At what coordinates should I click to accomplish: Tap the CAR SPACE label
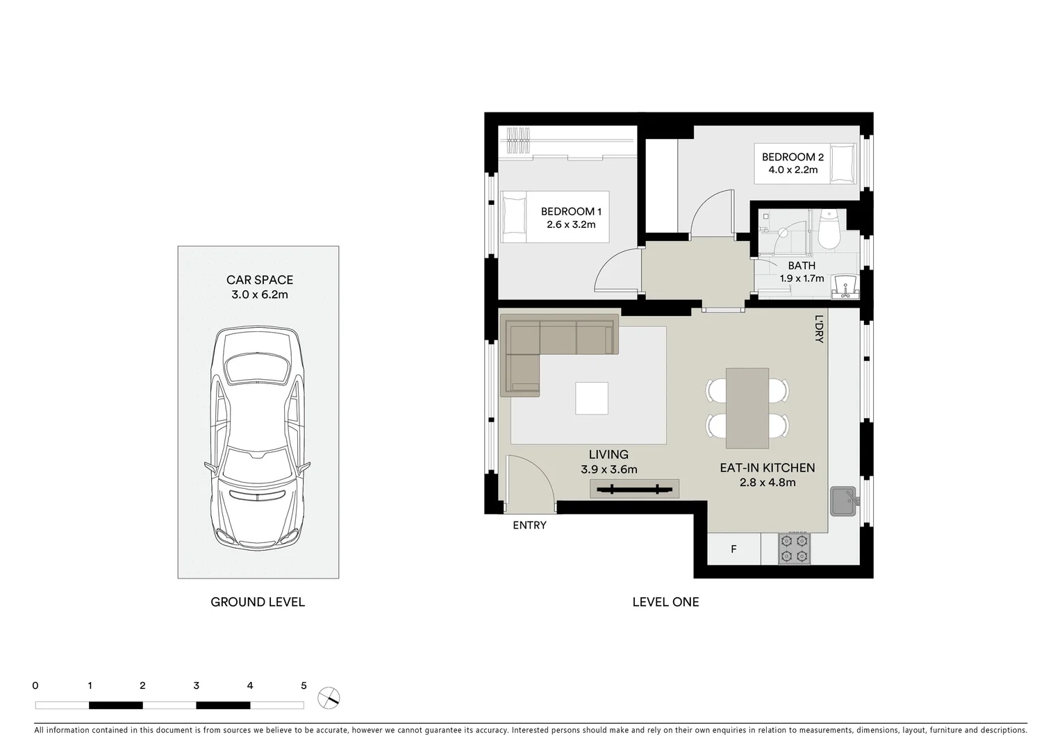click(x=260, y=280)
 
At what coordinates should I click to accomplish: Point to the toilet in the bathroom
click(x=829, y=229)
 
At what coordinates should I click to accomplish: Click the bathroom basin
click(x=846, y=285)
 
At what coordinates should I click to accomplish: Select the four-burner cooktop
click(x=794, y=548)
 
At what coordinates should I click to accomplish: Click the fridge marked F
click(x=733, y=549)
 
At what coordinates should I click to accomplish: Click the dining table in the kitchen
click(x=747, y=408)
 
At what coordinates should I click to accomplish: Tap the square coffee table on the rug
click(x=592, y=399)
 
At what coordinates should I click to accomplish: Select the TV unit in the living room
click(x=634, y=489)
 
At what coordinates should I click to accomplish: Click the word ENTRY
click(x=529, y=525)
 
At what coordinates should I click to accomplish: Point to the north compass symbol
click(x=329, y=697)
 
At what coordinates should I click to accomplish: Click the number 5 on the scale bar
click(x=304, y=685)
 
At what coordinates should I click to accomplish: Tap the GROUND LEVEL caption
click(x=258, y=602)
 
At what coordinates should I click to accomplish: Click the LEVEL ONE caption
click(x=665, y=602)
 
